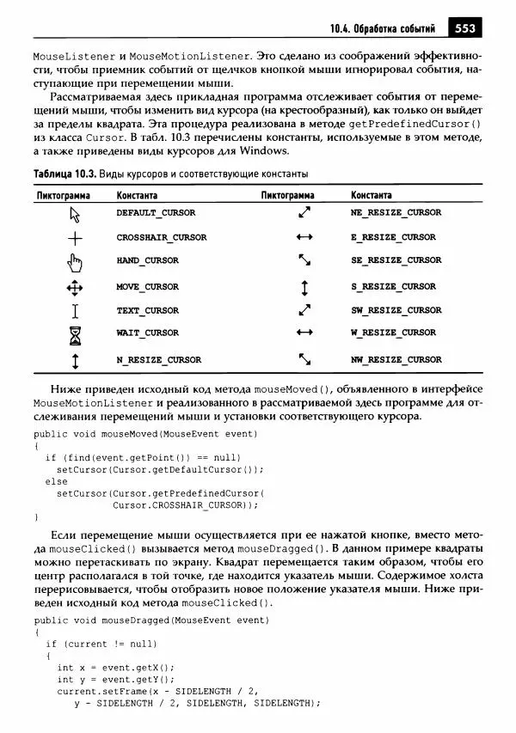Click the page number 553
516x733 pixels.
pyautogui.click(x=464, y=28)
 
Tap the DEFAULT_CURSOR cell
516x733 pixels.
pyautogui.click(x=156, y=212)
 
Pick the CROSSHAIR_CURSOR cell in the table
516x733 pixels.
pyautogui.click(x=162, y=237)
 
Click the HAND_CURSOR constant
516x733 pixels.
pyautogui.click(x=148, y=260)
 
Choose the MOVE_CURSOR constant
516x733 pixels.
pyautogui.click(x=148, y=287)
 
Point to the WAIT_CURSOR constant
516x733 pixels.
pyautogui.click(x=148, y=333)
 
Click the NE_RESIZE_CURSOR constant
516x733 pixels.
pyautogui.click(x=396, y=212)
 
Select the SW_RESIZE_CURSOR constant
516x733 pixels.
pyautogui.click(x=396, y=310)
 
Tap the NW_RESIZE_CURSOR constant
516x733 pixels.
pyautogui.click(x=396, y=360)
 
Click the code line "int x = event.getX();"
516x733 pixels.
pyautogui.click(x=115, y=667)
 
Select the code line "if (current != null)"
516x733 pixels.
pyautogui.click(x=101, y=643)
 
